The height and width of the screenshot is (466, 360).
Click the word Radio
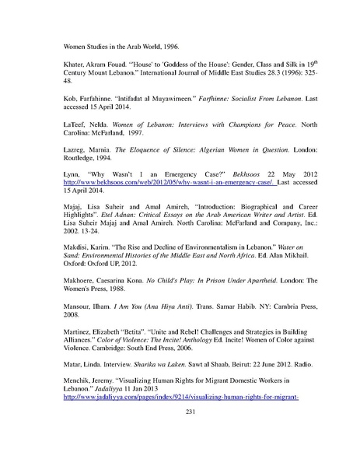point(307,384)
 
